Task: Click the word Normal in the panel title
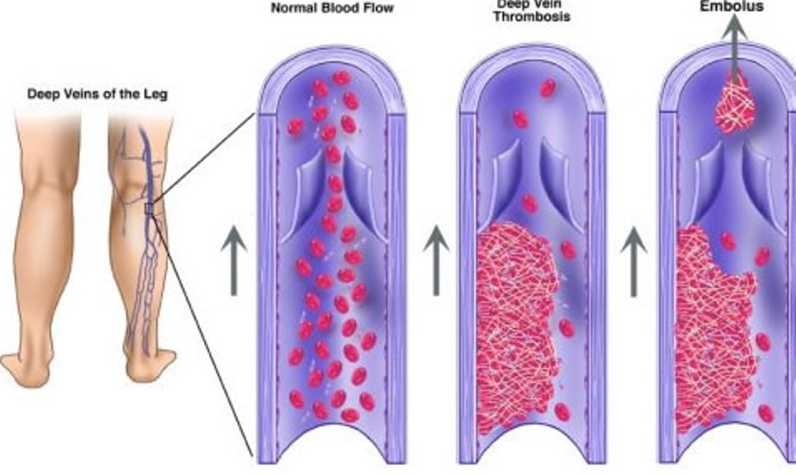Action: (290, 9)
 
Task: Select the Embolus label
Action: (731, 6)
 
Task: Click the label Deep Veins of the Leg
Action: (97, 94)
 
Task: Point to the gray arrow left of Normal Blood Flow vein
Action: (233, 260)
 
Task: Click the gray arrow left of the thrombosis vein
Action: (436, 260)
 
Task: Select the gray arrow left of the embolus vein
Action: (634, 260)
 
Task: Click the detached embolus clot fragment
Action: (736, 101)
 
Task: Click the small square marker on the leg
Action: (149, 208)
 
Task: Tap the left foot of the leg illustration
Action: (27, 365)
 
